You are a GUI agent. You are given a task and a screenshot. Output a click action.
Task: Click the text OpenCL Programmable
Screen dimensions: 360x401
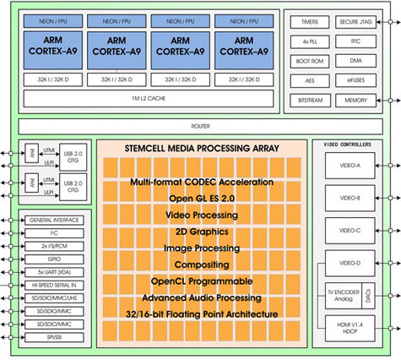click(201, 281)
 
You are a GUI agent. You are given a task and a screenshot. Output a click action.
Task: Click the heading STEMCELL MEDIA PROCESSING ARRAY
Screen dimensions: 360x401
click(200, 153)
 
